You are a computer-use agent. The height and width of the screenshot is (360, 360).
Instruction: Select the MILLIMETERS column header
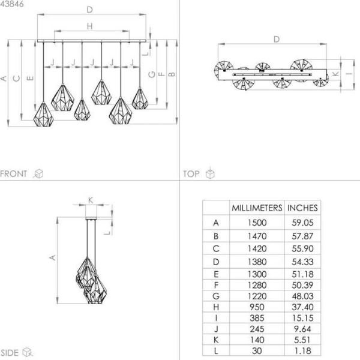(x=257, y=208)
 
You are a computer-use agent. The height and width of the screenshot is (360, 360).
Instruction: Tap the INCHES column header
(x=303, y=208)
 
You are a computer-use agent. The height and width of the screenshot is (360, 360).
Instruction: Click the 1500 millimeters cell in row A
(x=257, y=223)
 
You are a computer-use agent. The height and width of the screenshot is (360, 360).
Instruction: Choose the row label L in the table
(x=216, y=350)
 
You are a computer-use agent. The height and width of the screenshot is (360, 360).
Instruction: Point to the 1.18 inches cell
(x=303, y=350)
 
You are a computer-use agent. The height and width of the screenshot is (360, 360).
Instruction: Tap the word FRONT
(x=14, y=173)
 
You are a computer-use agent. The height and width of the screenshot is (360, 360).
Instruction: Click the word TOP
(x=191, y=173)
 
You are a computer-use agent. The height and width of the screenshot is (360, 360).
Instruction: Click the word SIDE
(x=10, y=353)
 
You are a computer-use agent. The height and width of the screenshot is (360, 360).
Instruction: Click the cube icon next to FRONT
(x=38, y=173)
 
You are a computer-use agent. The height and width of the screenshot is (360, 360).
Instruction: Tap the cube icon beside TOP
(x=210, y=173)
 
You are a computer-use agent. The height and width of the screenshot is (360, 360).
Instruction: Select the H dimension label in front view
(x=89, y=26)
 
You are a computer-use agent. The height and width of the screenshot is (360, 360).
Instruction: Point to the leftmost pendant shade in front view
(x=44, y=114)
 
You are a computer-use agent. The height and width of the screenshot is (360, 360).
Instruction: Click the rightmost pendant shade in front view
(x=140, y=98)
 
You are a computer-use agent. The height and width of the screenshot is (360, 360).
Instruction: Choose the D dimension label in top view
(x=276, y=39)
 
